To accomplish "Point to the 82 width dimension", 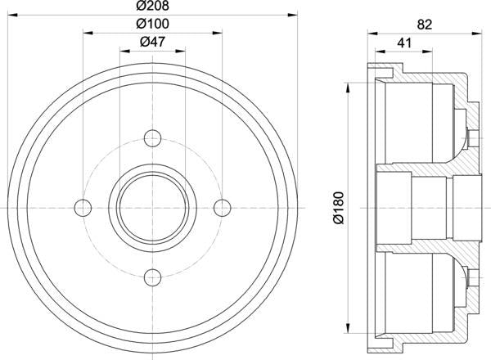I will click(424, 25).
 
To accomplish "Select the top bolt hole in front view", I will click(151, 138).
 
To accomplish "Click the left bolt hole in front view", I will click(83, 206).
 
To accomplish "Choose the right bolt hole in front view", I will click(219, 206).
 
